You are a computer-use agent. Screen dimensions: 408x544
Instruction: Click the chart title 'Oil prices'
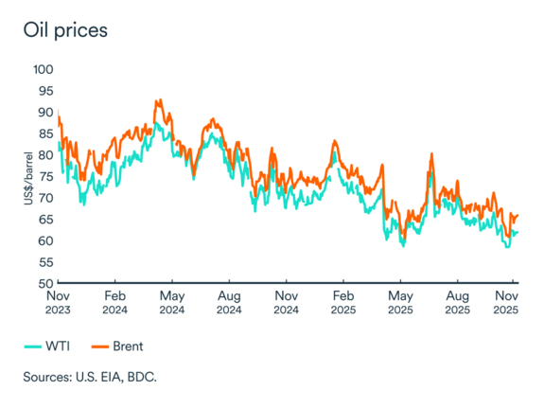65,29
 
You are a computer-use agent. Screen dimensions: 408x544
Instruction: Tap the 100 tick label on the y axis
44,70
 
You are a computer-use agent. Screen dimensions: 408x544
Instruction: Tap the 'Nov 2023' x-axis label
59,303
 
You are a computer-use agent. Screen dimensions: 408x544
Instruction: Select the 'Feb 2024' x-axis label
115,303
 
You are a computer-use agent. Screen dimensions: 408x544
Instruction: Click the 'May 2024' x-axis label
171,303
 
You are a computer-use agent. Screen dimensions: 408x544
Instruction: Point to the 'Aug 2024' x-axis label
228,303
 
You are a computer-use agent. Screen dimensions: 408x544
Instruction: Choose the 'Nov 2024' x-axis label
286,303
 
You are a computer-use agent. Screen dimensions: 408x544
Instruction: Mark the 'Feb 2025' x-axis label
342,303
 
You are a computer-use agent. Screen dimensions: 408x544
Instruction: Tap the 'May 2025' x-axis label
400,303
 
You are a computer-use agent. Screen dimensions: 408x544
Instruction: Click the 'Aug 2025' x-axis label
457,303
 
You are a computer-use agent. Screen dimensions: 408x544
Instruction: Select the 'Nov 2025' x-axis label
507,303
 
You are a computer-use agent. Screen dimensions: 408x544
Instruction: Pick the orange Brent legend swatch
101,345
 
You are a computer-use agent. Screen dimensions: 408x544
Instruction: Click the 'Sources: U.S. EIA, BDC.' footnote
90,377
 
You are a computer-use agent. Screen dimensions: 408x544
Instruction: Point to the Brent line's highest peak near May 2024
159,99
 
